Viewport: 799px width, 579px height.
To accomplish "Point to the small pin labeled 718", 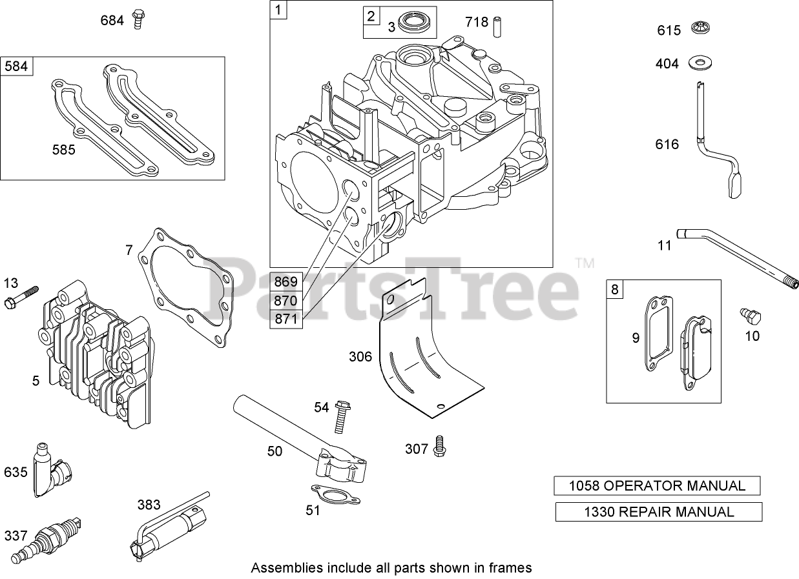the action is (497, 26).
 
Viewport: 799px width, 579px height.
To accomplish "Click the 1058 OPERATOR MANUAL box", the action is (657, 486).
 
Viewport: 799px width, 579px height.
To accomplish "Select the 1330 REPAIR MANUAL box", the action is (659, 512).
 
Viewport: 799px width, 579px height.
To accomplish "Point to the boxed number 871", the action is (285, 319).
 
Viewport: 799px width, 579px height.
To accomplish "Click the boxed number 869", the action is (285, 281).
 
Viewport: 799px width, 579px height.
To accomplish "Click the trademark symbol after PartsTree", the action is (584, 263).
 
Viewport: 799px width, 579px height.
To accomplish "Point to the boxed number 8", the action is (614, 289).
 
